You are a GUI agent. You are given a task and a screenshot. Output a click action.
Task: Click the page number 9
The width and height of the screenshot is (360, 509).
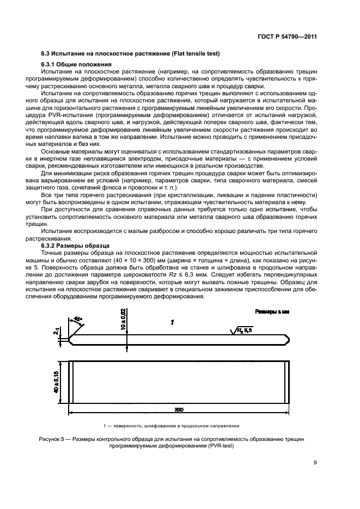[x=316, y=463]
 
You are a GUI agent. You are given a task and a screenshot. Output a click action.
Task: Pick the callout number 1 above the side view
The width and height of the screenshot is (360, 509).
[x=172, y=323]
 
